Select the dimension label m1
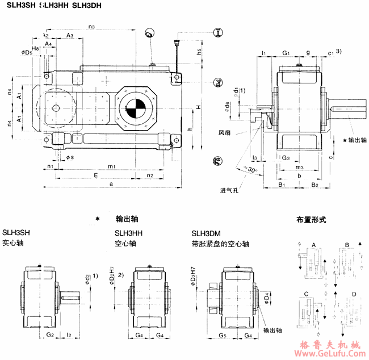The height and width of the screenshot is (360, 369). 112,166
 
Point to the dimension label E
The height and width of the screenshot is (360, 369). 96,176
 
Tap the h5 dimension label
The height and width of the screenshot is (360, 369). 200,51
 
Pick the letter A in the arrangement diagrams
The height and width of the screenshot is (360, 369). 313,244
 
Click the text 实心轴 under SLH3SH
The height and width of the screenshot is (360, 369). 13,243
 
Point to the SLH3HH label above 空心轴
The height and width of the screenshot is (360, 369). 128,232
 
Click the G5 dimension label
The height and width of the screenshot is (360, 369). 223,336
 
